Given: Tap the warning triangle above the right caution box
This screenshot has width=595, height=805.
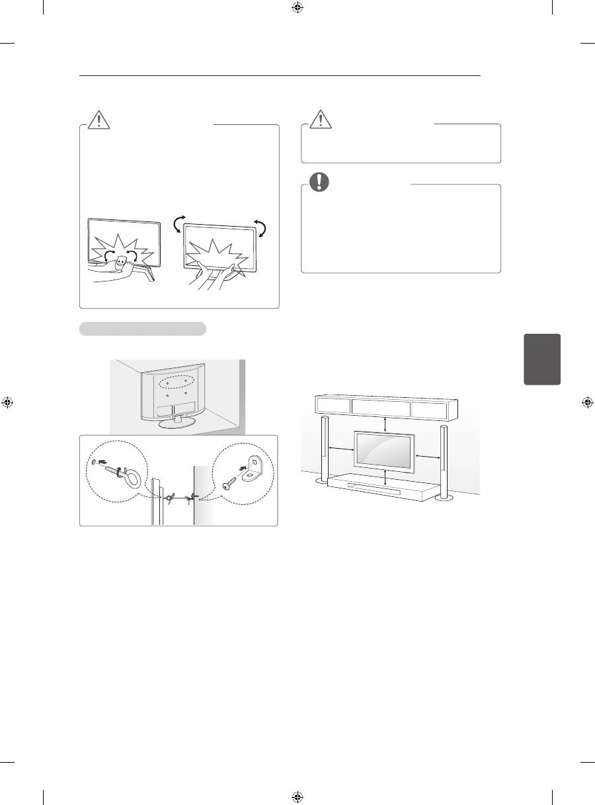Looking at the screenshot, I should click(320, 118).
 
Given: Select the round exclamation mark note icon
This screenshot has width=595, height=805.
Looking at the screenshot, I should click(320, 180).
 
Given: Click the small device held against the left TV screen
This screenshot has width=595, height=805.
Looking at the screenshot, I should click(121, 261).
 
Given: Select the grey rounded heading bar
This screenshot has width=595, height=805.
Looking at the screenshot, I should click(143, 329).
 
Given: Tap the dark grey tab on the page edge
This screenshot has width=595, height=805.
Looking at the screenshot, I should click(542, 359).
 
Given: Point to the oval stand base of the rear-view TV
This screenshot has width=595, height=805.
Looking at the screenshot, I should click(174, 423).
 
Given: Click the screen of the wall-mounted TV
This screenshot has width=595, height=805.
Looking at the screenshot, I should click(384, 455).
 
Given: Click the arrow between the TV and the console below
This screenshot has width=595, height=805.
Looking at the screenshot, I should click(385, 478).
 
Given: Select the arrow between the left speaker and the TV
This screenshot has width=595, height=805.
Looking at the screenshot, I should click(342, 451).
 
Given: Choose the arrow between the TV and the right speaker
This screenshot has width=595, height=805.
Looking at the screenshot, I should click(427, 456).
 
